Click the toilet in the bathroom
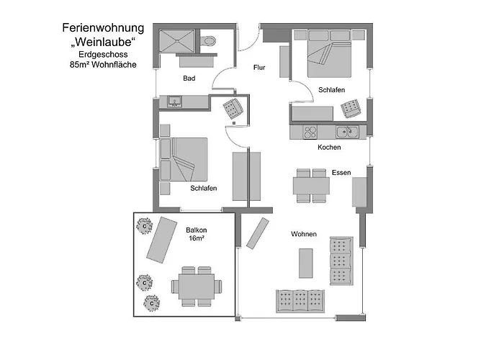tap(208, 41)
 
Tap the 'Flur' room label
tap(259, 68)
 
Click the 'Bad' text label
tap(189, 78)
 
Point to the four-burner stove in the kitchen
tap(310, 132)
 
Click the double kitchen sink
tap(348, 132)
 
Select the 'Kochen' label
tap(329, 147)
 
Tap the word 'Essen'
tap(341, 173)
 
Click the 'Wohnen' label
tap(304, 234)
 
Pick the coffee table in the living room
tap(306, 264)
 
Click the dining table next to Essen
tap(311, 186)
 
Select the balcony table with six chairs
tap(197, 286)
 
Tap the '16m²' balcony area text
tap(197, 238)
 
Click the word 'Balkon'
tap(197, 230)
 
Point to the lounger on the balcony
tap(162, 240)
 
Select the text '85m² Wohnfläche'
tap(103, 65)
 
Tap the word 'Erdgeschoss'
tap(103, 54)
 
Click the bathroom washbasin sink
tap(174, 102)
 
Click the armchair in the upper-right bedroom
tap(351, 108)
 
